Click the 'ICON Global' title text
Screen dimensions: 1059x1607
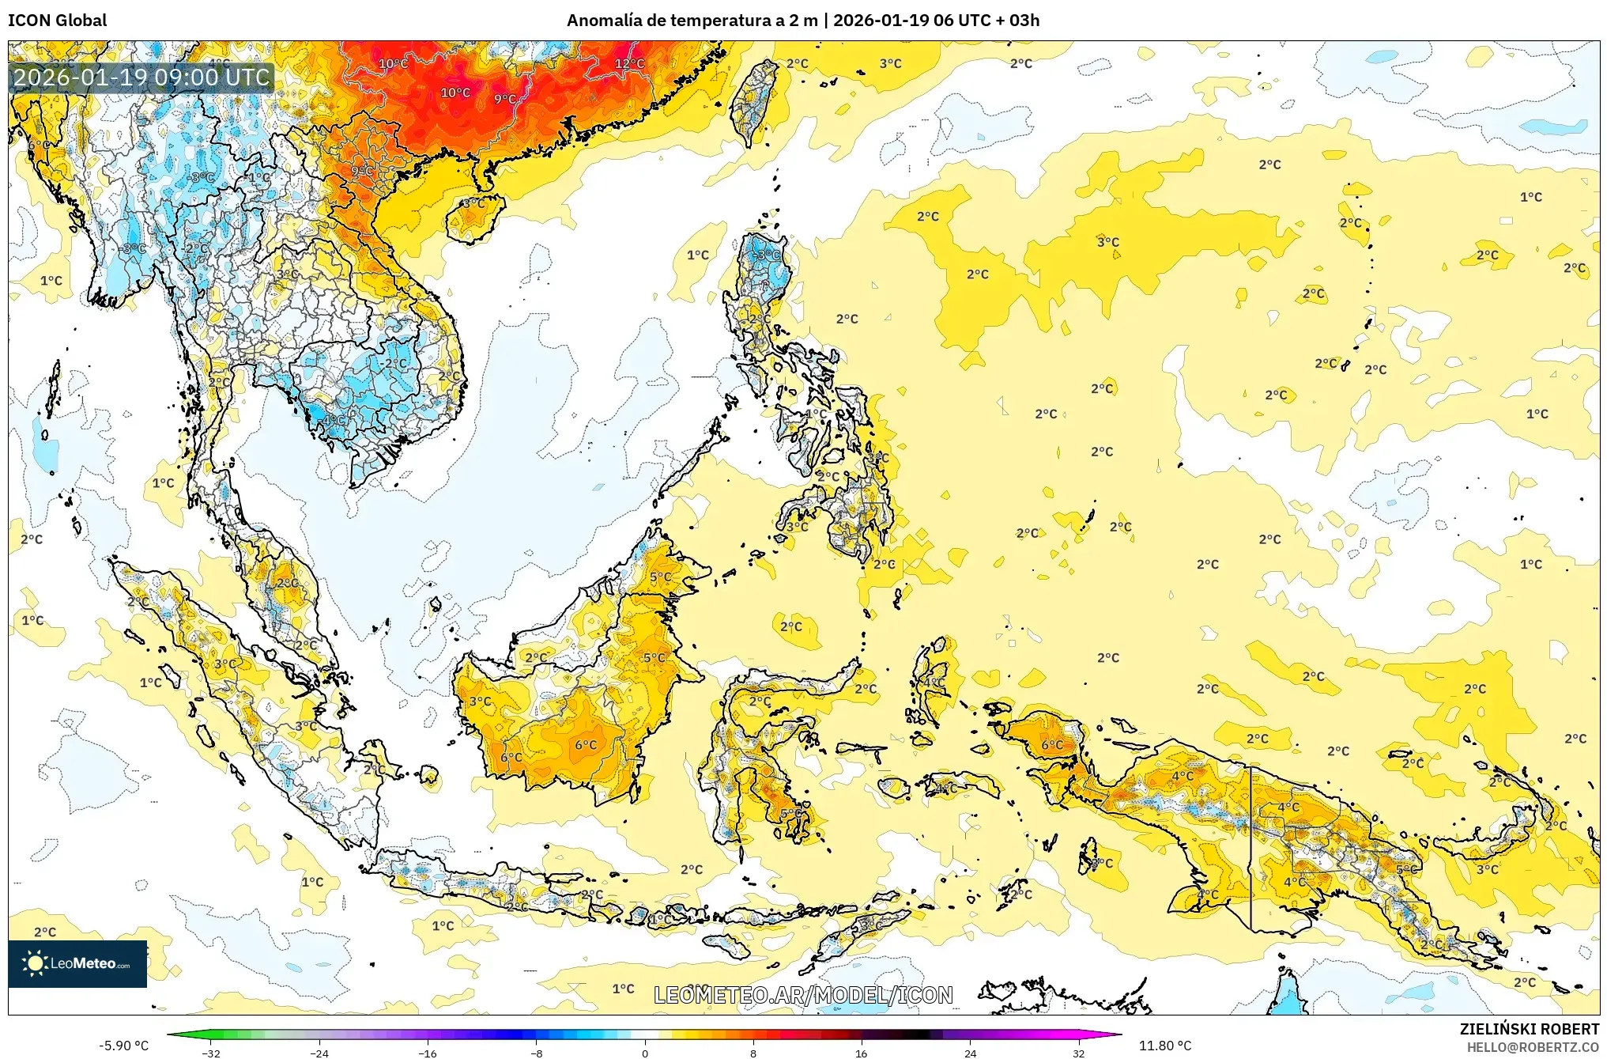click(57, 21)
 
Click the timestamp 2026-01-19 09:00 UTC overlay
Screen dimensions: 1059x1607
click(141, 78)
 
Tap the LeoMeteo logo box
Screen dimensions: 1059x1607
click(77, 963)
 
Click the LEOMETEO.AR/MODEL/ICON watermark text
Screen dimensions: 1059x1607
click(803, 995)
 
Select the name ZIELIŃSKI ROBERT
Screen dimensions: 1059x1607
click(1529, 1029)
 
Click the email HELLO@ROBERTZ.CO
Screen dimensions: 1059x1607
click(1532, 1047)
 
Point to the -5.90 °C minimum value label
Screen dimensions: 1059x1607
click(123, 1046)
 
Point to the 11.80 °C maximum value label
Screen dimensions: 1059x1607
click(1164, 1046)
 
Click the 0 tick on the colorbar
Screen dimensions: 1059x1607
click(644, 1053)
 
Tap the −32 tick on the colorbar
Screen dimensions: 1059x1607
click(210, 1053)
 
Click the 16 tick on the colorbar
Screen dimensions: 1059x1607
click(861, 1053)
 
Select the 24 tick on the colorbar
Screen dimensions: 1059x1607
click(970, 1053)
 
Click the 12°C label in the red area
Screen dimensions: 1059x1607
click(629, 63)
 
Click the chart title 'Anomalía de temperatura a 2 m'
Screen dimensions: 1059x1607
click(692, 21)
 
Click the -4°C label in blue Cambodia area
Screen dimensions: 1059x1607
click(334, 420)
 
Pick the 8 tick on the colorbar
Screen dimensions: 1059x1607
click(753, 1053)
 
